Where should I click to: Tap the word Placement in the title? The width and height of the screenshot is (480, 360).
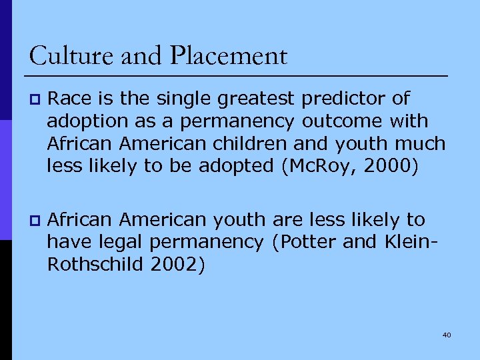[x=228, y=56]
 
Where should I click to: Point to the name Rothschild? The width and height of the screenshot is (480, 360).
[x=98, y=265]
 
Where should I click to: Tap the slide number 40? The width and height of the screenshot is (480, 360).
[x=446, y=335]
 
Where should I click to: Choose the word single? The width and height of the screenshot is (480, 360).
[x=179, y=99]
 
